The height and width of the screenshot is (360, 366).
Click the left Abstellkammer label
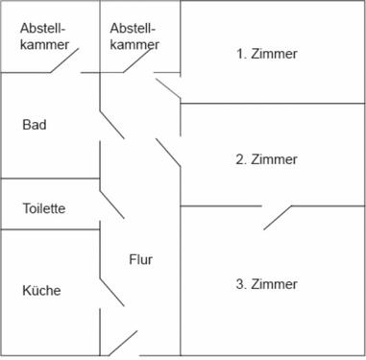click(x=44, y=36)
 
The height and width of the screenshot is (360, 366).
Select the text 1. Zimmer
click(x=266, y=54)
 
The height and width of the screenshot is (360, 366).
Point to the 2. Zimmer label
click(x=266, y=159)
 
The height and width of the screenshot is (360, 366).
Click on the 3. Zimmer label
click(x=266, y=284)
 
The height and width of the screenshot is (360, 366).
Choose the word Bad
click(x=35, y=125)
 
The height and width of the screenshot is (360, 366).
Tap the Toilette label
click(x=44, y=208)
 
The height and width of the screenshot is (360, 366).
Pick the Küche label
click(x=41, y=290)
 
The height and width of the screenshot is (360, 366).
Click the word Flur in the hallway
click(x=140, y=259)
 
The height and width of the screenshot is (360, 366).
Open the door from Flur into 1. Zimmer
click(x=168, y=88)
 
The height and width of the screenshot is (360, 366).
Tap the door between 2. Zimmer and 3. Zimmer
click(x=279, y=217)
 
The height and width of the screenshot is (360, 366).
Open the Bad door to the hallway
click(x=112, y=123)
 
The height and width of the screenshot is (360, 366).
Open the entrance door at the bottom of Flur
click(x=123, y=344)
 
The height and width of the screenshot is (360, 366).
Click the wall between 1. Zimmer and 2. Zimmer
click(x=273, y=103)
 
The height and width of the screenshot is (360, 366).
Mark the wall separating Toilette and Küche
click(x=50, y=229)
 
